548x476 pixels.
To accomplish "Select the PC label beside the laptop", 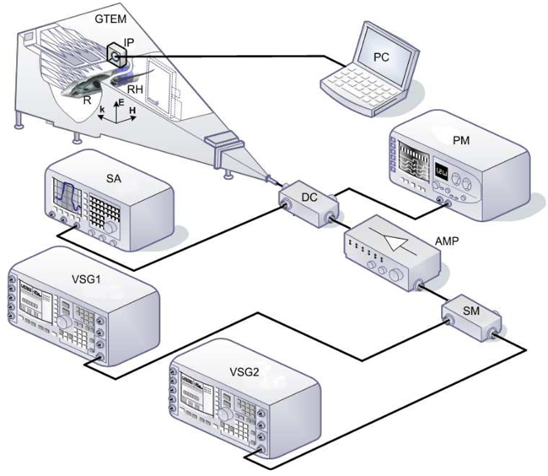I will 383,57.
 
